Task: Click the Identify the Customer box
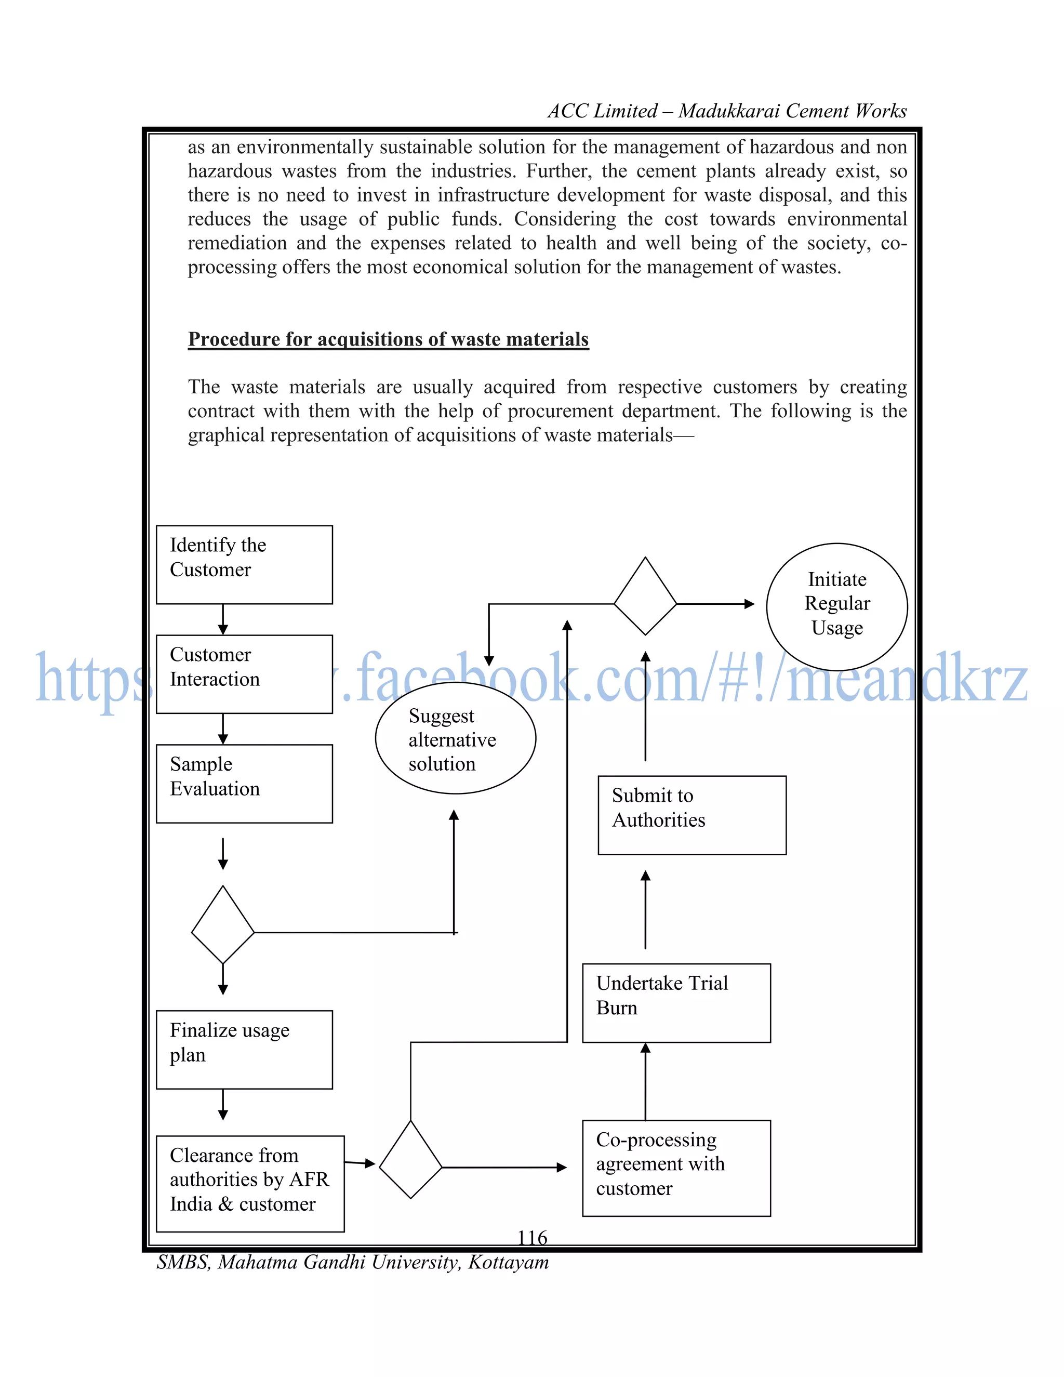pos(244,564)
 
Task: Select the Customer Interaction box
pos(244,674)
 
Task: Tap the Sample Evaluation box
pos(244,783)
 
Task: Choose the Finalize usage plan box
pos(244,1049)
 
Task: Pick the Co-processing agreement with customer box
pos(676,1168)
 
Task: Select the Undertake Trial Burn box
pos(676,1002)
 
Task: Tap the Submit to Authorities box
pos(691,815)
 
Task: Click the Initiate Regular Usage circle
pos(836,606)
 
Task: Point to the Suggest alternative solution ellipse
pos(455,738)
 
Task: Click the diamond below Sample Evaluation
pos(222,924)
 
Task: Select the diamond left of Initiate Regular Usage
pos(645,596)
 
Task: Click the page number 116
pos(532,1238)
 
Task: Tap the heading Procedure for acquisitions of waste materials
pos(388,339)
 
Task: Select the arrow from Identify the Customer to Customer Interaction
pos(222,619)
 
